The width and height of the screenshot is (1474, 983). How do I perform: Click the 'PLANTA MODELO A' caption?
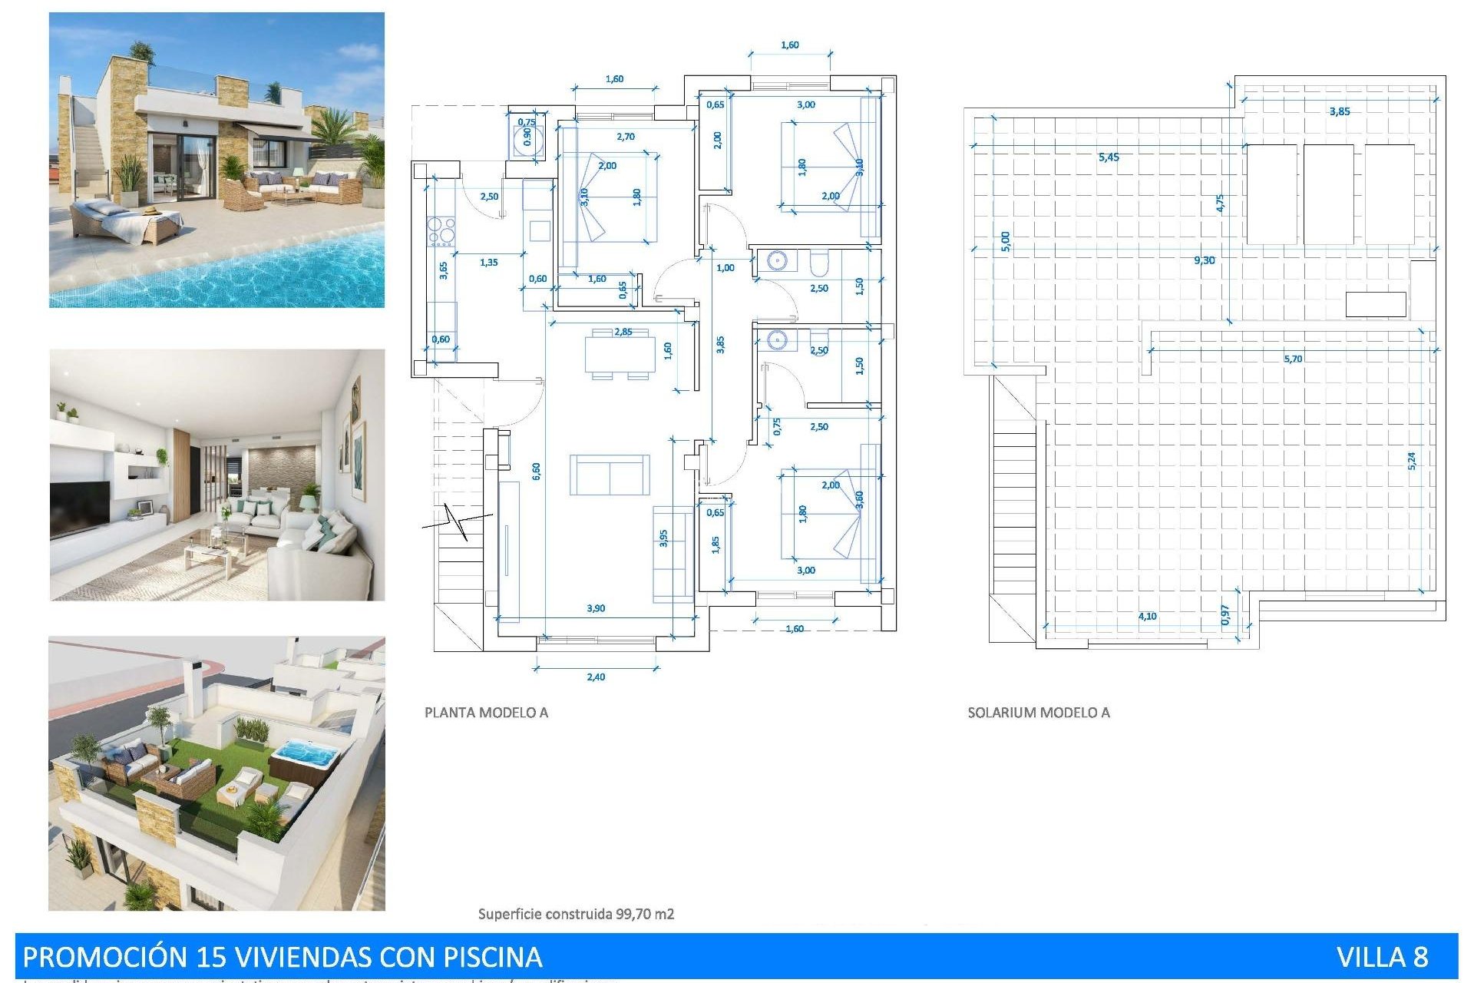486,713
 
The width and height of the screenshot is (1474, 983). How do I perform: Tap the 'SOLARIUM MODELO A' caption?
1038,713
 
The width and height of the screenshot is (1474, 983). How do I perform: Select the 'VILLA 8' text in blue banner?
1382,957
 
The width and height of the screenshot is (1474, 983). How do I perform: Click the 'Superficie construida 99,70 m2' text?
576,914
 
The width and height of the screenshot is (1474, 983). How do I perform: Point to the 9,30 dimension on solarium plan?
1205,260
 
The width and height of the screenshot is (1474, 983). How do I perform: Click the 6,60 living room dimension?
536,471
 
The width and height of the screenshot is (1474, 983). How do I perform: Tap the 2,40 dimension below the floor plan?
596,677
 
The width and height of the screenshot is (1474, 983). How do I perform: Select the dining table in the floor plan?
620,354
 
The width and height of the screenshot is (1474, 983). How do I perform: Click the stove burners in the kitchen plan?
441,231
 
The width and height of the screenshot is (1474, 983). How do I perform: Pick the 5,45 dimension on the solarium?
1109,157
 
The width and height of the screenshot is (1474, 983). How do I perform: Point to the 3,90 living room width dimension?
596,608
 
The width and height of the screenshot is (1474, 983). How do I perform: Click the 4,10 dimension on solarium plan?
1147,616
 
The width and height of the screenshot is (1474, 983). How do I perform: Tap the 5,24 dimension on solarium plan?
1411,461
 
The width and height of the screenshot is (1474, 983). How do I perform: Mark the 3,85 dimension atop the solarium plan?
1340,111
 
